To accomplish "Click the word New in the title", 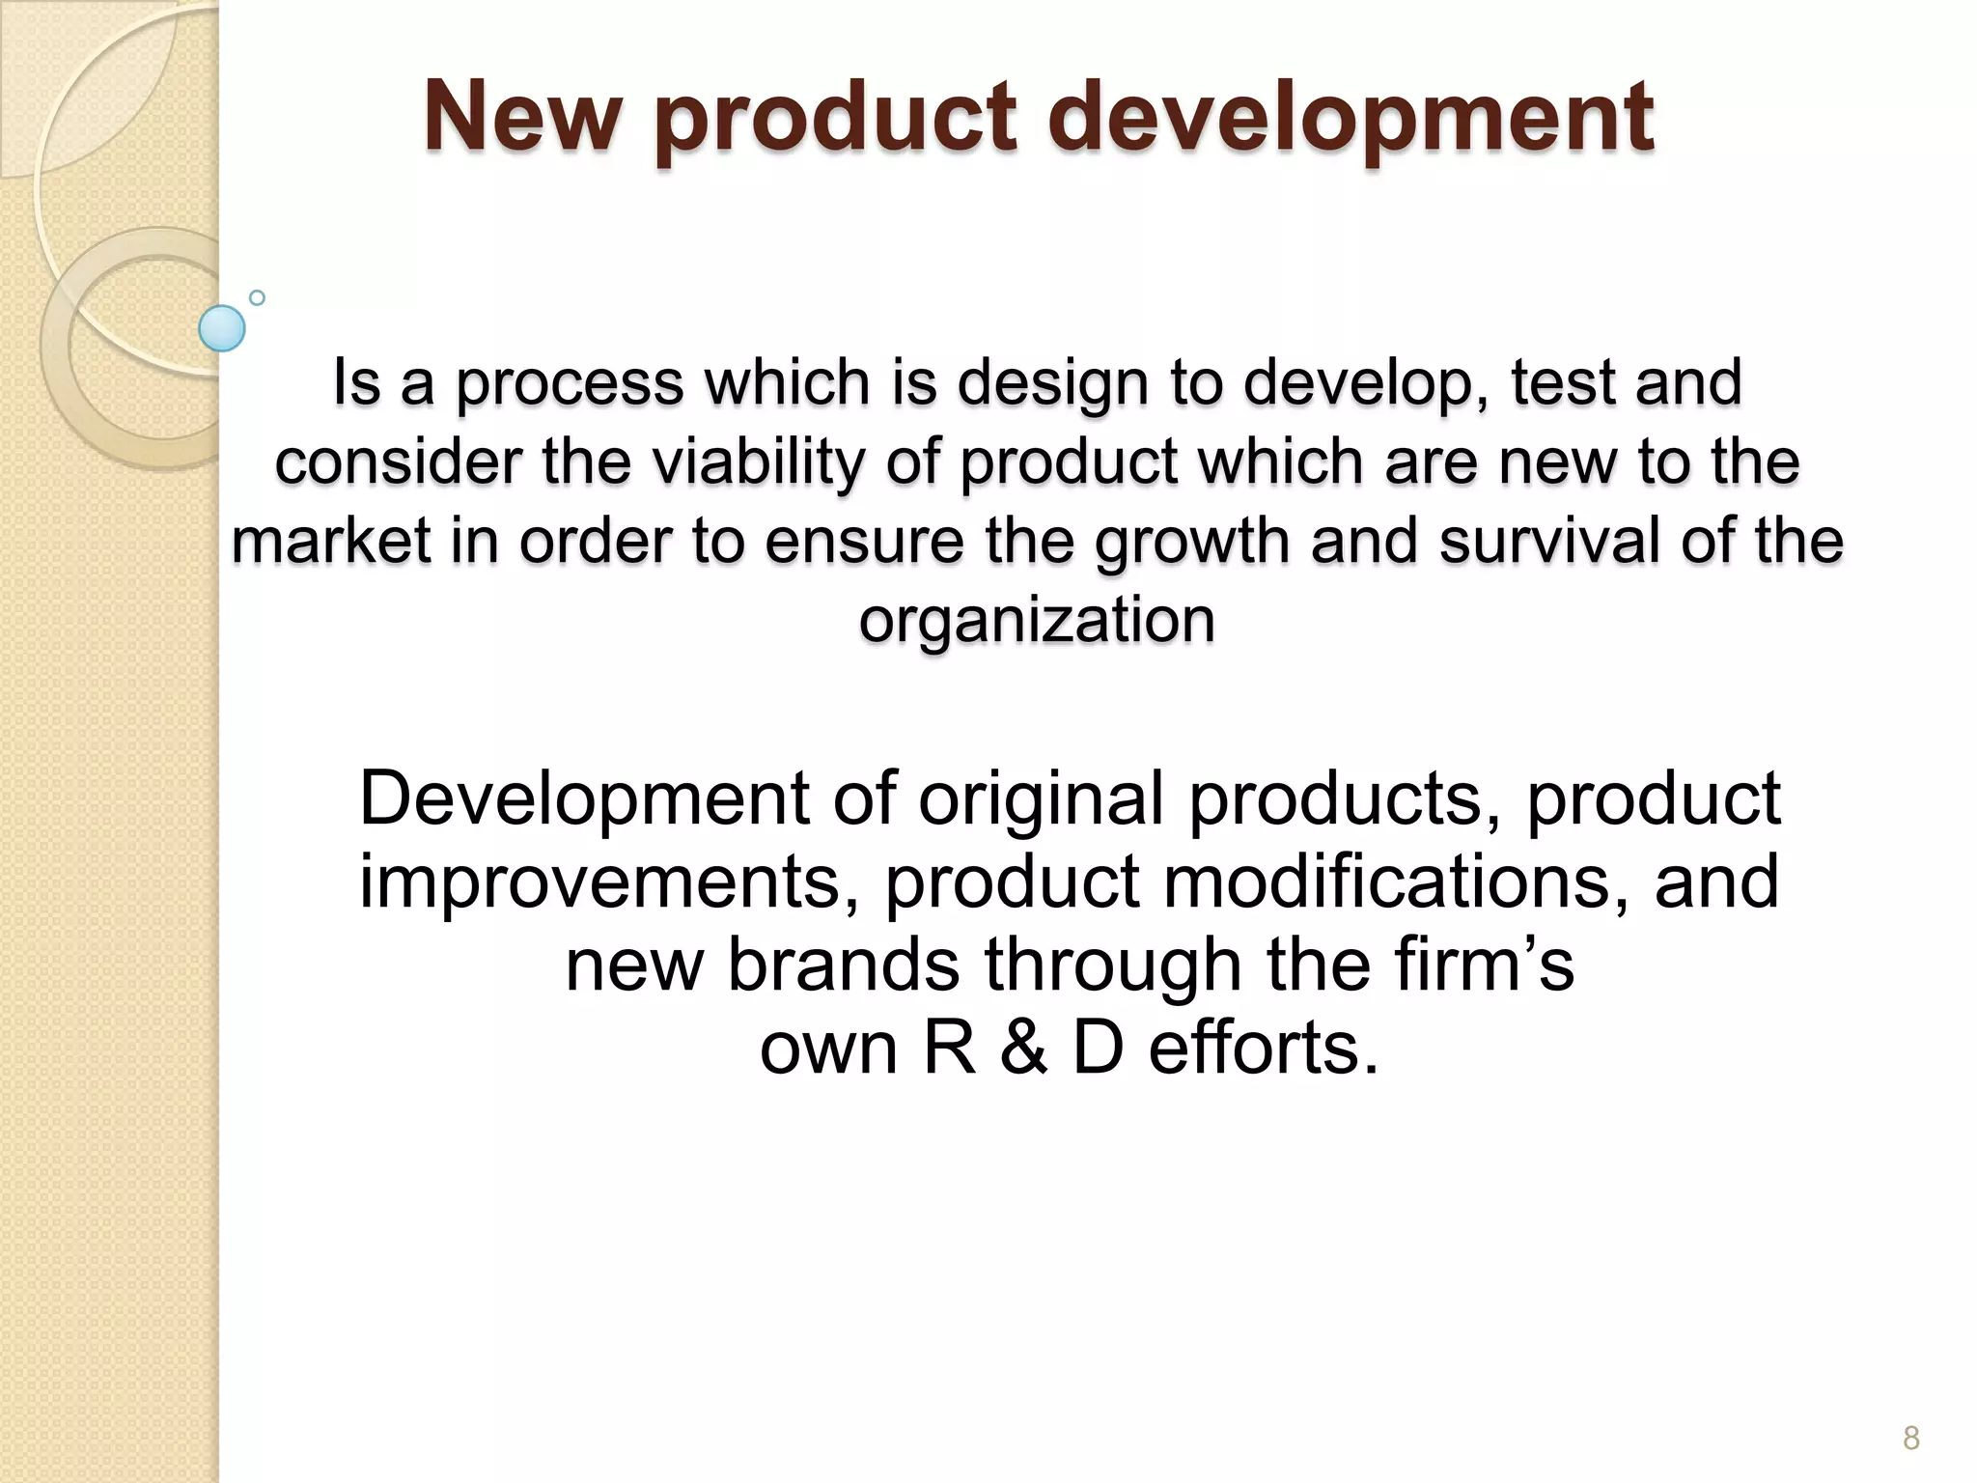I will tap(522, 118).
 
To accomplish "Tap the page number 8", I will tap(1910, 1438).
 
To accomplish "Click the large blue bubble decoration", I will tap(222, 328).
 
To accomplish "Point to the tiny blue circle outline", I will tap(257, 297).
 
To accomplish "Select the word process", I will tap(569, 384).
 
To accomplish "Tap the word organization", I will tap(1037, 620).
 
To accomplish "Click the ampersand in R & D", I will tap(1023, 1049).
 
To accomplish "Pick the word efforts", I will tap(1264, 1049).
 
